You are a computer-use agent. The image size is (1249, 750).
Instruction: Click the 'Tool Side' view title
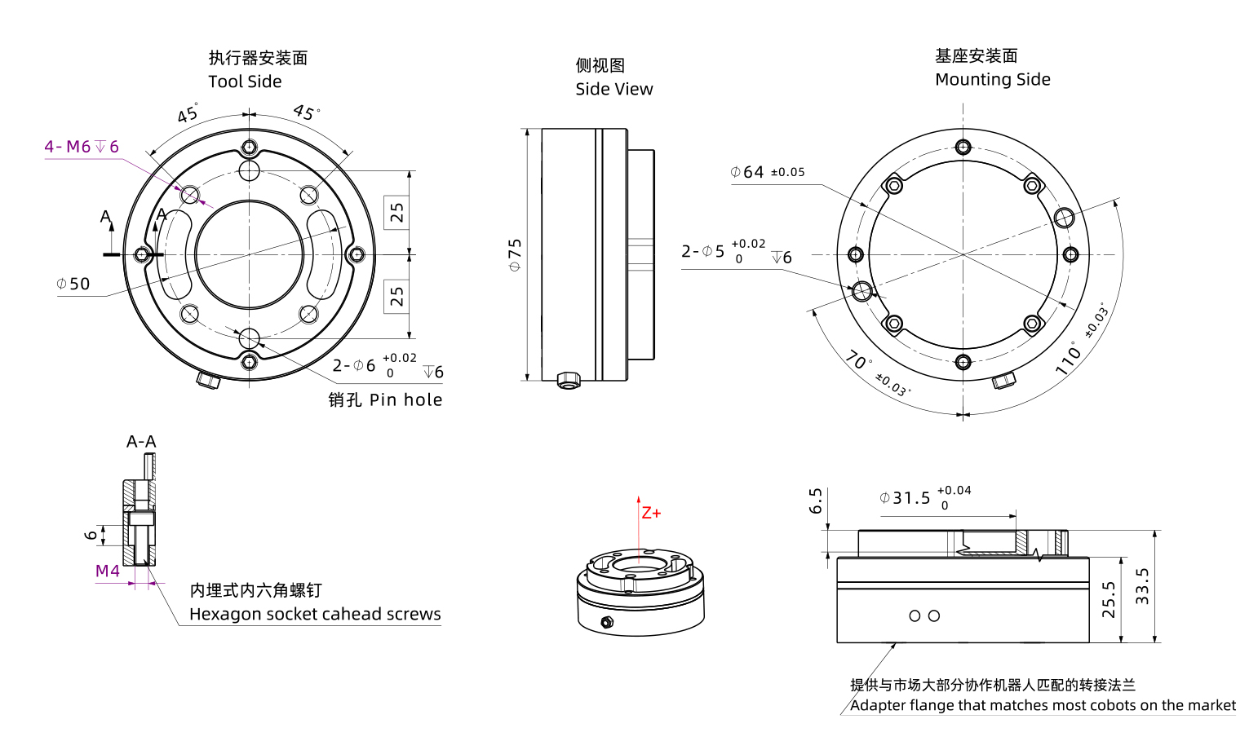[245, 82]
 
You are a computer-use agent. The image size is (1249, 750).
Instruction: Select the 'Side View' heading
[613, 89]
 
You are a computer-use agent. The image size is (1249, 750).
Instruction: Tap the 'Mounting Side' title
[992, 79]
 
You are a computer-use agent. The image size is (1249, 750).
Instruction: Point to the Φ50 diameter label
[73, 284]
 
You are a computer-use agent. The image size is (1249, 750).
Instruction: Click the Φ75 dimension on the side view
[515, 254]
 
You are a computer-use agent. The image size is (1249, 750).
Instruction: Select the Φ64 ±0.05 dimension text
[767, 172]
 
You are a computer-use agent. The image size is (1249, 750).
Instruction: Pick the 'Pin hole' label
[405, 399]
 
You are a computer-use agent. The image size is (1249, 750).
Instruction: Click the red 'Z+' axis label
[651, 513]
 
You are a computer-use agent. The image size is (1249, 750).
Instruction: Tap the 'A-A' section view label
[141, 442]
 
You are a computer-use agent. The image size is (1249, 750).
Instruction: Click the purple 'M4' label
[108, 571]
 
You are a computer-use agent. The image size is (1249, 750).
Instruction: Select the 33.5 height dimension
[1142, 585]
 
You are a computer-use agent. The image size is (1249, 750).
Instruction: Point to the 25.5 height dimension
[1109, 599]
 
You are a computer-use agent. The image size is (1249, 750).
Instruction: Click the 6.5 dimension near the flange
[816, 501]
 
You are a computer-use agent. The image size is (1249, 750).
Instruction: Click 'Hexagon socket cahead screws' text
[315, 614]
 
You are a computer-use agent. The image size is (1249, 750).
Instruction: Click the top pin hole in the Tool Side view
[250, 170]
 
